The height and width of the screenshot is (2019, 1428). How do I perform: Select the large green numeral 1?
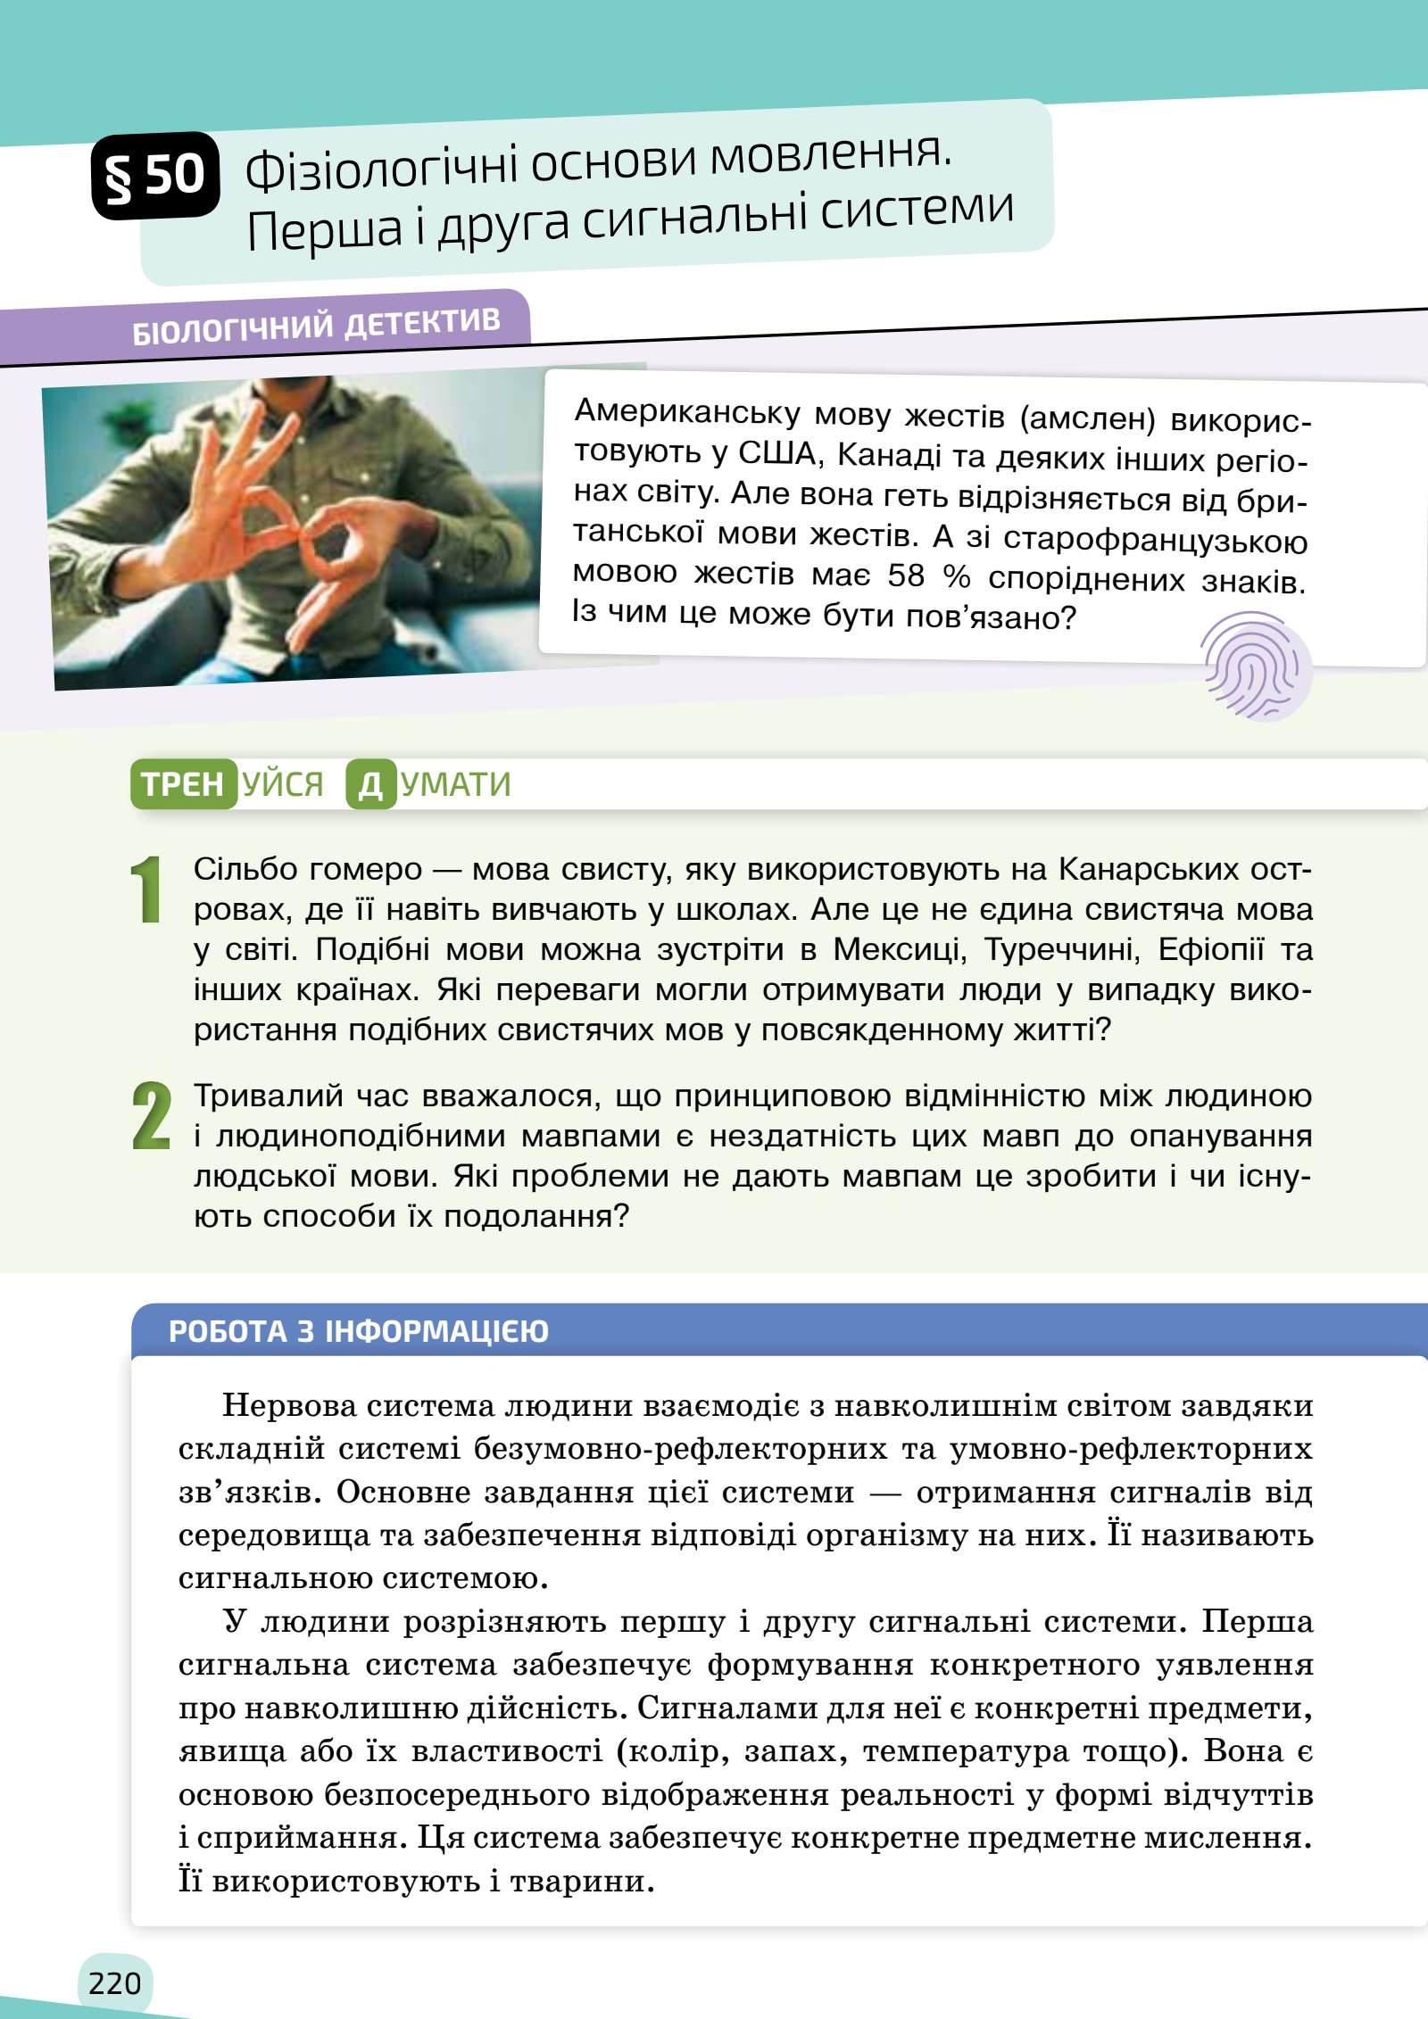[146, 890]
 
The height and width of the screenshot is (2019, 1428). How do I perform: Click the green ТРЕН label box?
[183, 784]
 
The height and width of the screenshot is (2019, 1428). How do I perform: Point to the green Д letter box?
[370, 785]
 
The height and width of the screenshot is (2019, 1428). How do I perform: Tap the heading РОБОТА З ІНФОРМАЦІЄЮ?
[359, 1332]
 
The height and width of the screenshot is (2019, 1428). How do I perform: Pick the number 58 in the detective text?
[907, 577]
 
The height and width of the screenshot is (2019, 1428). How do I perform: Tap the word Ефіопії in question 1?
[1210, 950]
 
